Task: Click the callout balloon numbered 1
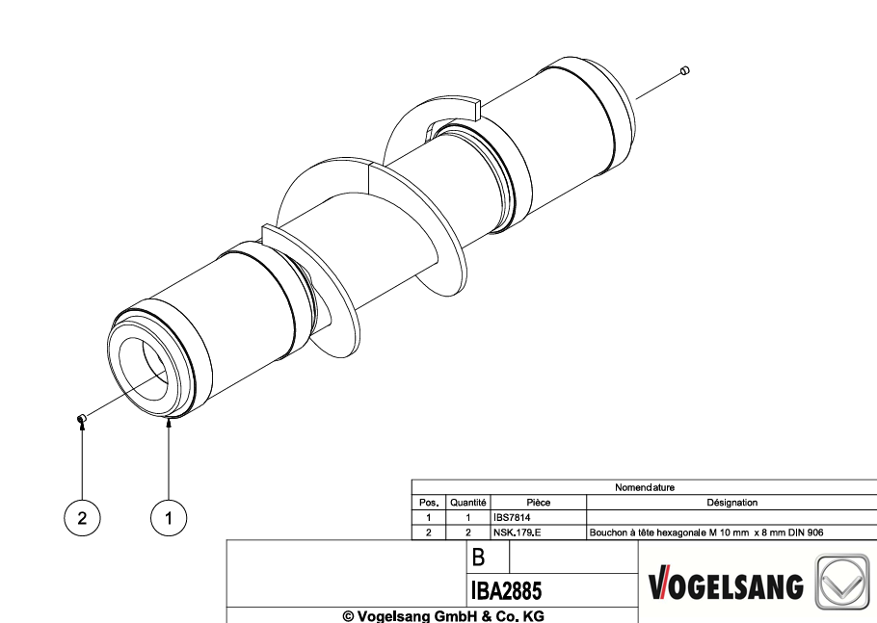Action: pos(169,518)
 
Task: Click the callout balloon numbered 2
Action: pos(82,518)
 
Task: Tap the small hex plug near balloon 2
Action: pos(81,419)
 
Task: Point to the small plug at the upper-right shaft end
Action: pos(684,70)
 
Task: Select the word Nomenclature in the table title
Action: pos(645,487)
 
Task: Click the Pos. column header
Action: pos(429,503)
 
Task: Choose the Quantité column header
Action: pos(468,503)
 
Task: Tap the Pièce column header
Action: pos(539,503)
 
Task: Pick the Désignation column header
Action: pos(732,503)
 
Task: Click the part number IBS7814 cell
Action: pos(512,517)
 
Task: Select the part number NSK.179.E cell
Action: pos(517,532)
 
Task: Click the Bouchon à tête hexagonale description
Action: pos(706,532)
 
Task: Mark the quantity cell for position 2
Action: pos(468,532)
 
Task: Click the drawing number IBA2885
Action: pos(507,590)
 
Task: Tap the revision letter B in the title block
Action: pos(478,558)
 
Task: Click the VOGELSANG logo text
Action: pos(726,586)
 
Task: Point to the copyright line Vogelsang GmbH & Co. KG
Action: pos(443,615)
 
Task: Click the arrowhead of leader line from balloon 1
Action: pos(169,423)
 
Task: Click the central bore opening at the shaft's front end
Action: pos(144,369)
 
